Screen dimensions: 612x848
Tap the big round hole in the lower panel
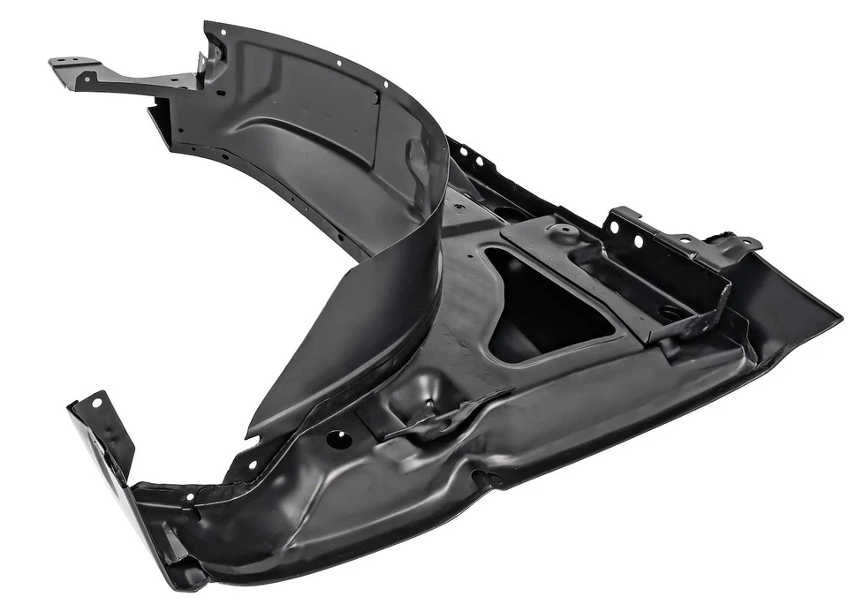click(x=338, y=439)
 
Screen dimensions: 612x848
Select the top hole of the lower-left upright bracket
click(x=95, y=403)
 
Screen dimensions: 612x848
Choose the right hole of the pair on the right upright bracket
click(x=638, y=241)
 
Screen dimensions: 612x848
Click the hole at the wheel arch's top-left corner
click(x=221, y=32)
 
